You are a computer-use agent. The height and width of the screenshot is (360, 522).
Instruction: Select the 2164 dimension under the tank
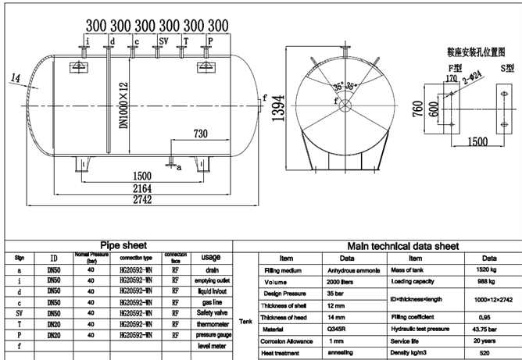click(x=141, y=188)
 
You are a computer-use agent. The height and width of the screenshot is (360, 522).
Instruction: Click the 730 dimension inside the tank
click(x=200, y=134)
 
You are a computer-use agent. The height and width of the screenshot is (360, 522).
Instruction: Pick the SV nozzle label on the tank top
click(x=163, y=41)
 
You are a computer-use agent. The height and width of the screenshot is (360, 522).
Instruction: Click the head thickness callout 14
click(x=16, y=76)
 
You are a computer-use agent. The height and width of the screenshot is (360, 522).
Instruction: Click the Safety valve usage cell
click(x=210, y=312)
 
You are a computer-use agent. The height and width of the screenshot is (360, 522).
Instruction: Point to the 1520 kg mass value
click(x=488, y=271)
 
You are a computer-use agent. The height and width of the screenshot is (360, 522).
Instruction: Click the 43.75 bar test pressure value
click(x=488, y=330)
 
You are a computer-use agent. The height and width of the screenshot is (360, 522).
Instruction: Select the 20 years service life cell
click(x=488, y=342)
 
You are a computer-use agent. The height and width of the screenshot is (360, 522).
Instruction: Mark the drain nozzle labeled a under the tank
click(x=170, y=163)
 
